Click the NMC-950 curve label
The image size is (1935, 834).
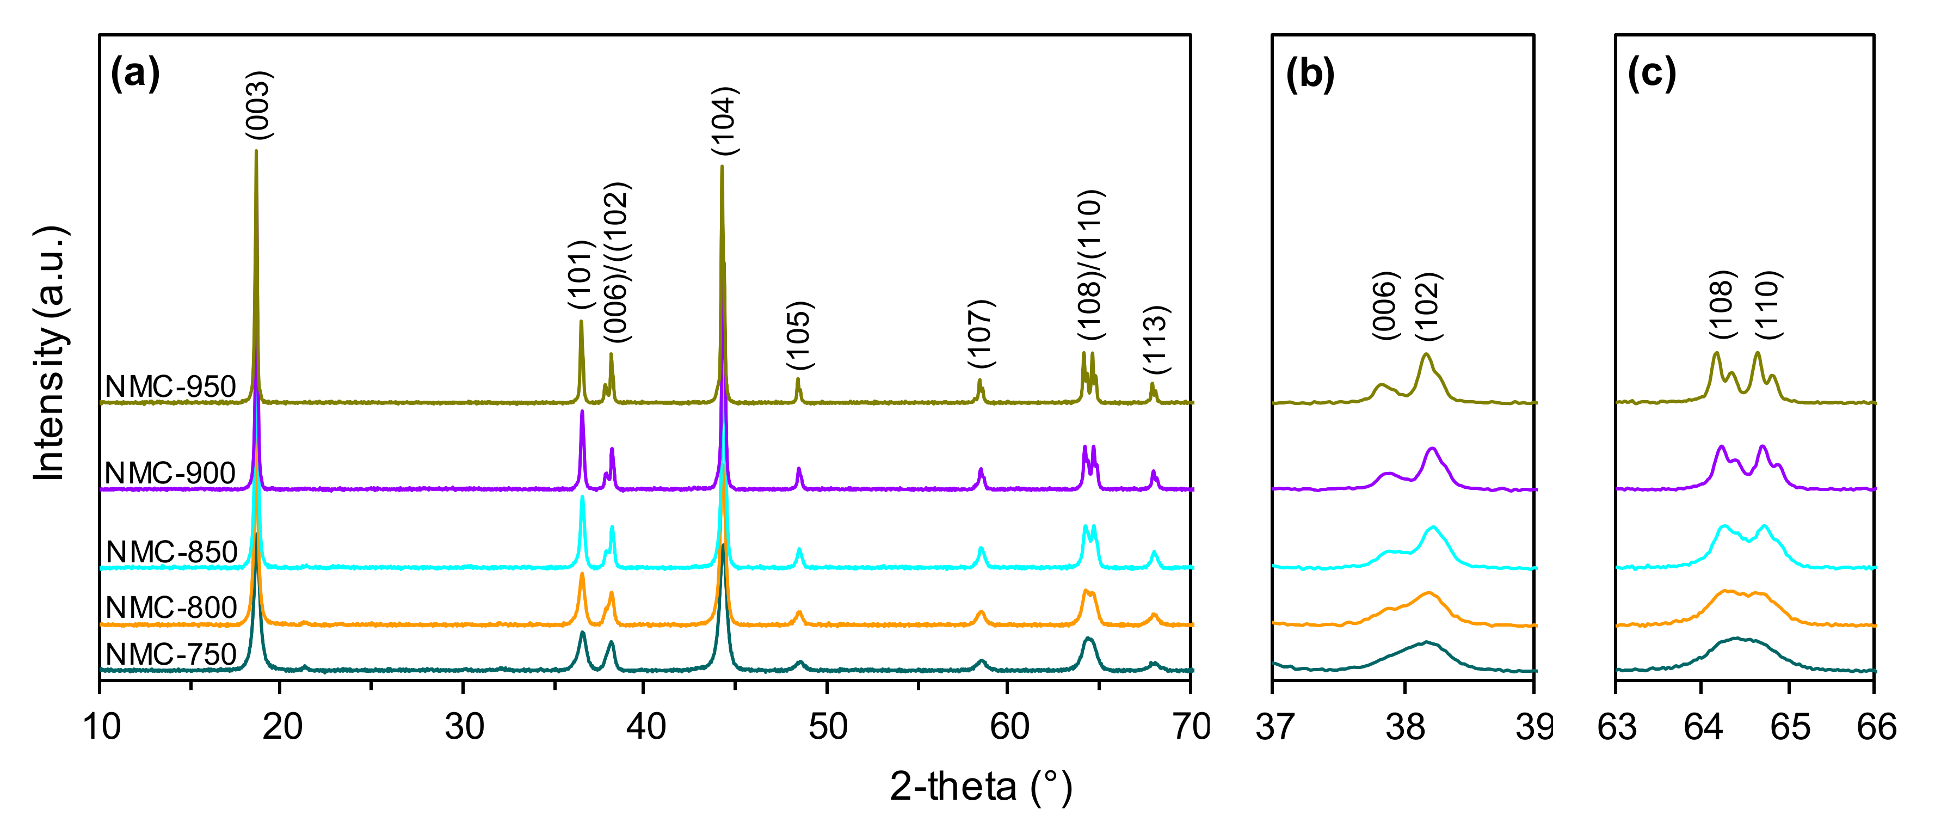click(x=170, y=387)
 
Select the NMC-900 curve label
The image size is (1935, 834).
click(x=170, y=474)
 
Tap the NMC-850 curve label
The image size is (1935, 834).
click(x=171, y=552)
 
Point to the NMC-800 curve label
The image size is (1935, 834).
click(x=171, y=607)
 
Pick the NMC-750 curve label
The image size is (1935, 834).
click(x=171, y=654)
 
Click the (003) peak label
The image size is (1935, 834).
click(x=259, y=105)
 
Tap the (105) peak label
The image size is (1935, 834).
click(x=800, y=336)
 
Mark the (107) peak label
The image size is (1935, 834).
click(x=982, y=334)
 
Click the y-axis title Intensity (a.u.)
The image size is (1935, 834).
click(x=50, y=353)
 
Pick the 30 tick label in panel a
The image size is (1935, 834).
click(x=464, y=727)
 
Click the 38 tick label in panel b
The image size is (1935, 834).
click(x=1404, y=727)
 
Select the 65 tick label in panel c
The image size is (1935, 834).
click(x=1790, y=727)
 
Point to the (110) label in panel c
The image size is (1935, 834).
click(x=1769, y=305)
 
